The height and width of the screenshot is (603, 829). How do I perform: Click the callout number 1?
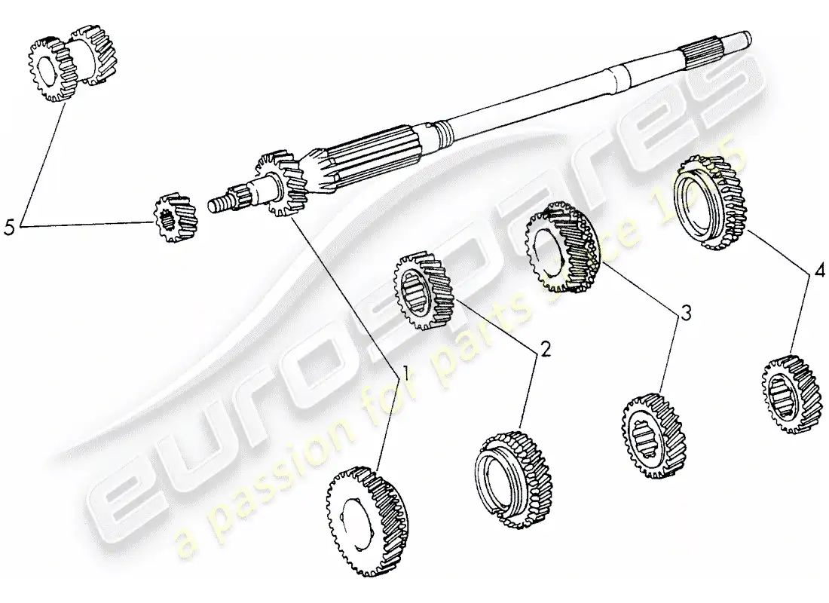(x=405, y=372)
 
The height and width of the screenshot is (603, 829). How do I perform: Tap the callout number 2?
(x=545, y=350)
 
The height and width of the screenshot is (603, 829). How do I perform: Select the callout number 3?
(x=685, y=314)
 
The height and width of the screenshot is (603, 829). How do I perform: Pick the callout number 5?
(x=10, y=226)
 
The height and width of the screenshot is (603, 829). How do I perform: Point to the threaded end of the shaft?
(x=221, y=204)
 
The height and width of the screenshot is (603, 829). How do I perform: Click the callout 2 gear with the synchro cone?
(x=509, y=471)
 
